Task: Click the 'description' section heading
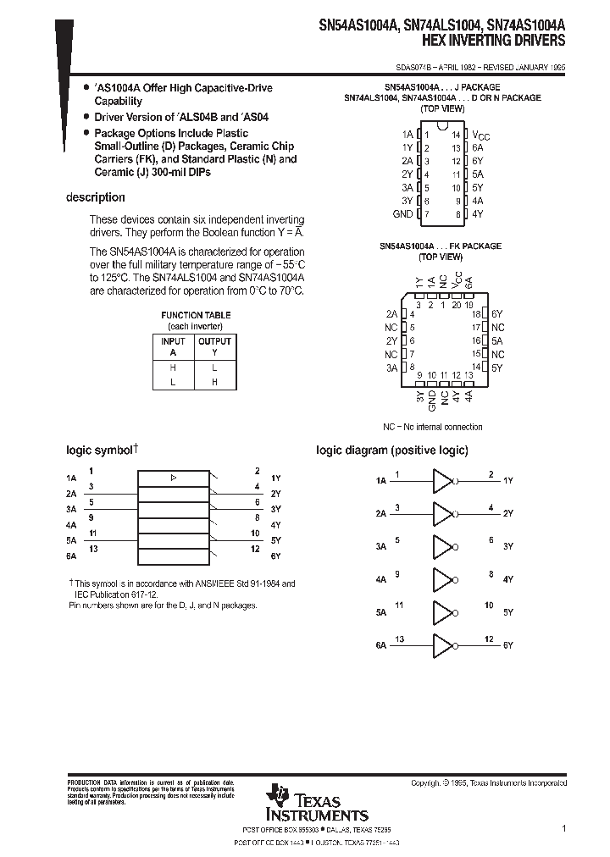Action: pos(96,197)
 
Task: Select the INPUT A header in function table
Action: pos(173,347)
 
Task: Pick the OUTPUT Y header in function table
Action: pos(214,347)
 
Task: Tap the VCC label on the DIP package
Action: pos(480,135)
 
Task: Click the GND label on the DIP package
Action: pos(402,214)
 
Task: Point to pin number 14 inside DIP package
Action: pos(455,135)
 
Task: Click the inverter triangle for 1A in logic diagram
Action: pos(443,480)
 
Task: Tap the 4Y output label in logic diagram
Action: pos(508,579)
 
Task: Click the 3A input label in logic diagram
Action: pos(380,546)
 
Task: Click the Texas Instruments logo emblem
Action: pos(277,795)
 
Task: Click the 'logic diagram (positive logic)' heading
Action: pos(391,451)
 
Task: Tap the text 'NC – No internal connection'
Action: pos(432,427)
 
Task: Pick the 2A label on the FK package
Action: pos(391,313)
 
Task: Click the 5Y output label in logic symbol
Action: pos(275,539)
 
